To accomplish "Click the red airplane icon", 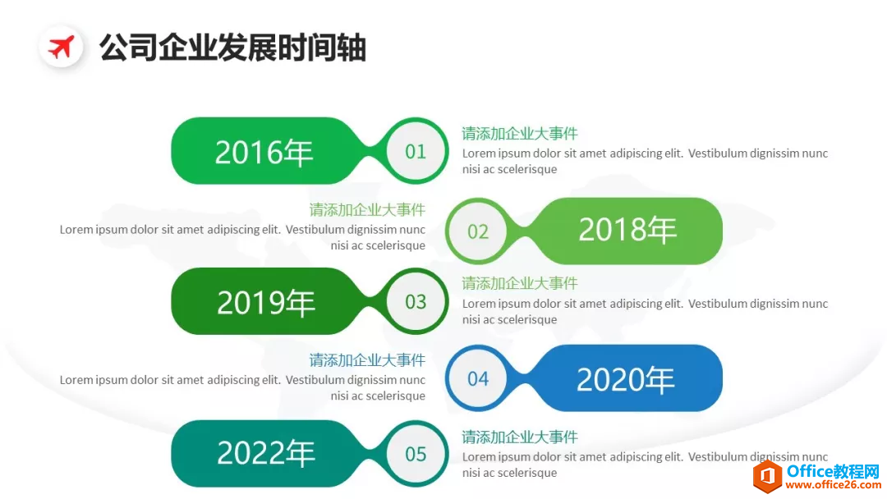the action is click(x=61, y=48).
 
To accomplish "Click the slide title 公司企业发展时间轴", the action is click(x=233, y=48).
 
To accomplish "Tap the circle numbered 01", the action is click(x=416, y=151).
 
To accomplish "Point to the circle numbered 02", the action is click(x=478, y=231).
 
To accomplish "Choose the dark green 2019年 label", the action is click(x=266, y=301).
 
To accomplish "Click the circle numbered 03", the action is click(x=416, y=301).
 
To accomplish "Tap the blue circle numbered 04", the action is click(x=478, y=378).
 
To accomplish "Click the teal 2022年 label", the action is click(x=266, y=453).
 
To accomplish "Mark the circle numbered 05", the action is click(x=416, y=454).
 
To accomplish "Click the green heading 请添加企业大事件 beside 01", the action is click(x=520, y=134).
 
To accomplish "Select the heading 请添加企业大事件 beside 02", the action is click(x=367, y=210).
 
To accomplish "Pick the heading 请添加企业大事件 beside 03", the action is click(x=520, y=284).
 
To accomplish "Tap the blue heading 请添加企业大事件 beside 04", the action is click(x=367, y=360).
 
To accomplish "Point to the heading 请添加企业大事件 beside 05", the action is click(x=520, y=437).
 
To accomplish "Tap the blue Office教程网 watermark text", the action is click(x=834, y=471).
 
